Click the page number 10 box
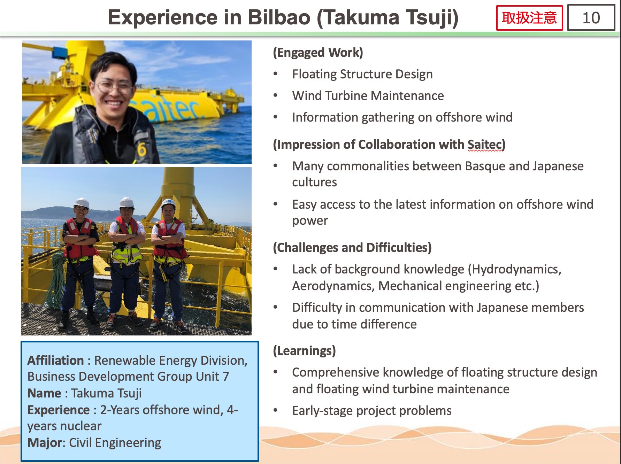tap(591, 17)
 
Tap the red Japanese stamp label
tap(529, 18)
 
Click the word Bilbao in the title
tap(279, 17)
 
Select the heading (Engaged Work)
tap(318, 53)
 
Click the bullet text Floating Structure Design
tap(362, 74)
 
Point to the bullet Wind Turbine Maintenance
tap(368, 96)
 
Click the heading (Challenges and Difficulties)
tap(352, 248)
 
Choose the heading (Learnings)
tap(304, 351)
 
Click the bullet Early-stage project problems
tap(372, 411)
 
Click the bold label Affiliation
tap(56, 360)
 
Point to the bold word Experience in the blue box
tap(59, 410)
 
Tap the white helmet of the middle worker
tap(127, 202)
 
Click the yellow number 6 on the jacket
tap(141, 150)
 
